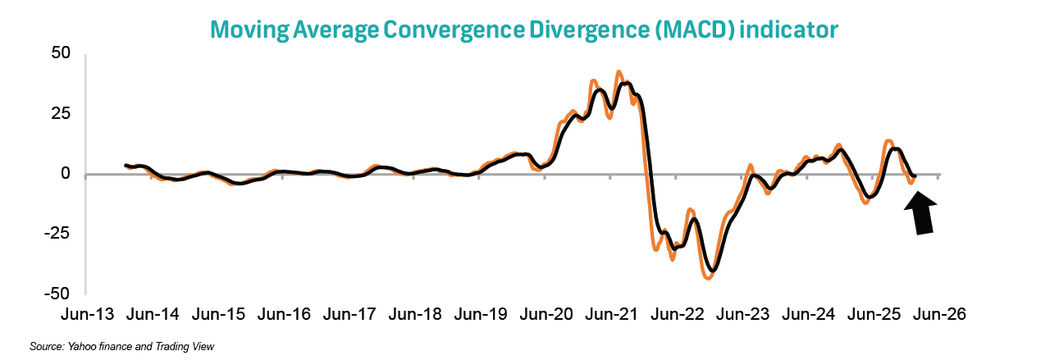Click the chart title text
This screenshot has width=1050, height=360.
tap(524, 30)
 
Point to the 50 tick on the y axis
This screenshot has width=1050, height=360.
tap(62, 53)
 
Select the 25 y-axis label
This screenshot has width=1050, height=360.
tap(62, 113)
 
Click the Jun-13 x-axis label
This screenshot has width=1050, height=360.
tap(89, 314)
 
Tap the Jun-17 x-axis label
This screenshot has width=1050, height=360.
tap(350, 314)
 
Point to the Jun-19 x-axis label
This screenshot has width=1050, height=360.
tap(482, 314)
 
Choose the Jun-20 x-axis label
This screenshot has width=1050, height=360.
tap(547, 314)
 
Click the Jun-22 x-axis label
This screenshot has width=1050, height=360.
tap(678, 314)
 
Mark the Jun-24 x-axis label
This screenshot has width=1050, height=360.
tap(809, 314)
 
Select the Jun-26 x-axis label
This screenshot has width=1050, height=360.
tap(939, 314)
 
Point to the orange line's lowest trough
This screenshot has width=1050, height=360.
tap(709, 278)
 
